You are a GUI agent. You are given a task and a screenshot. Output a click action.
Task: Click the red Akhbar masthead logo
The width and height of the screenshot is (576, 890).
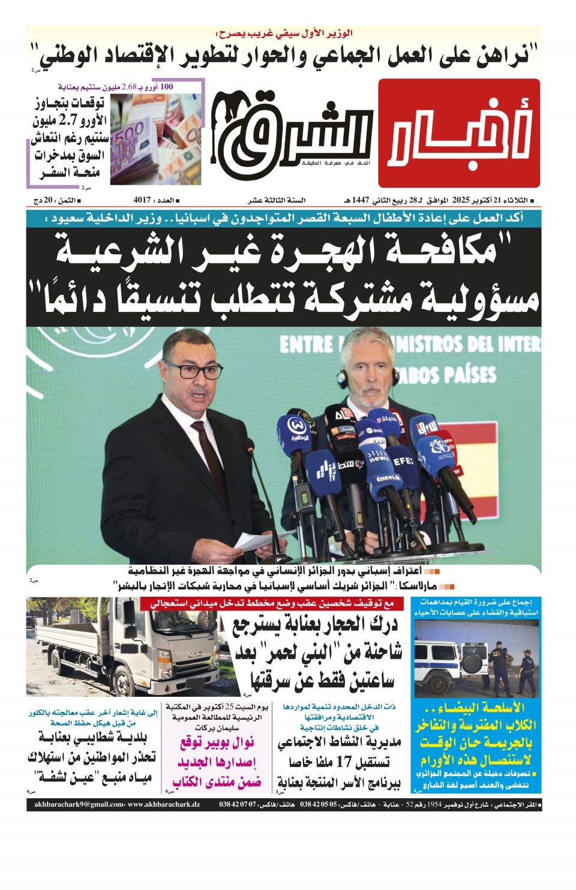459,133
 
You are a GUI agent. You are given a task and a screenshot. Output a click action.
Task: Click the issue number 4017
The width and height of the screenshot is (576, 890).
142,200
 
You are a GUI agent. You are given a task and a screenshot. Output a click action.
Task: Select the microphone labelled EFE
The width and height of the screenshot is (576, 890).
403,462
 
